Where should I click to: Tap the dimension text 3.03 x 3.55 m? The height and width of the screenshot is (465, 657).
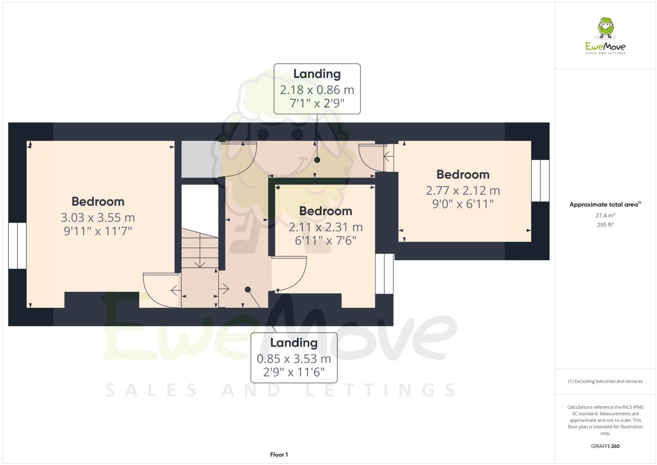[x=98, y=217]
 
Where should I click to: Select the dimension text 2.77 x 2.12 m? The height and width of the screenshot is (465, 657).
[x=463, y=190]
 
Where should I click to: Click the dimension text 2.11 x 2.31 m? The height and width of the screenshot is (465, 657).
[x=325, y=227]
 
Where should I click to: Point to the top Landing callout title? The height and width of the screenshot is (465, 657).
[x=317, y=74]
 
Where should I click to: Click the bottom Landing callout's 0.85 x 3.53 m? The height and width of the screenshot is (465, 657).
[x=294, y=359]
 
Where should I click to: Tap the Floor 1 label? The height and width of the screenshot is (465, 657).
[x=279, y=454]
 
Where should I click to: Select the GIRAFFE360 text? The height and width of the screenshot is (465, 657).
[x=605, y=446]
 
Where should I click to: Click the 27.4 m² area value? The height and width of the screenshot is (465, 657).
[x=605, y=215]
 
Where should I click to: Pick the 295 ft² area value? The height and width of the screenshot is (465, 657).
[x=605, y=225]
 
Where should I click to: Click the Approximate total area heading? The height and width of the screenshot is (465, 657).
[x=605, y=204]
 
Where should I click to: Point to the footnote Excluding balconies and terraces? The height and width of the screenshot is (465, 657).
[x=605, y=381]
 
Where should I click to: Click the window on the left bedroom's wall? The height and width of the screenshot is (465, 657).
[x=18, y=245]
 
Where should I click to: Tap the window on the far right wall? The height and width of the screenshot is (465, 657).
[x=540, y=181]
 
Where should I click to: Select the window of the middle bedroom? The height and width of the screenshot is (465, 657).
[x=384, y=273]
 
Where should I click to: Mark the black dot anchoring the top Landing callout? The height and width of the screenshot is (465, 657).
[x=317, y=160]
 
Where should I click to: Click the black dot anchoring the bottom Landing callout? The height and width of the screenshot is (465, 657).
[x=248, y=289]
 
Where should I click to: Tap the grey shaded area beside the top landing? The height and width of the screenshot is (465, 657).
[x=200, y=159]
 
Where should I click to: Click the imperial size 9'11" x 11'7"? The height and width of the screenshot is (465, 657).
[x=98, y=231]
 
